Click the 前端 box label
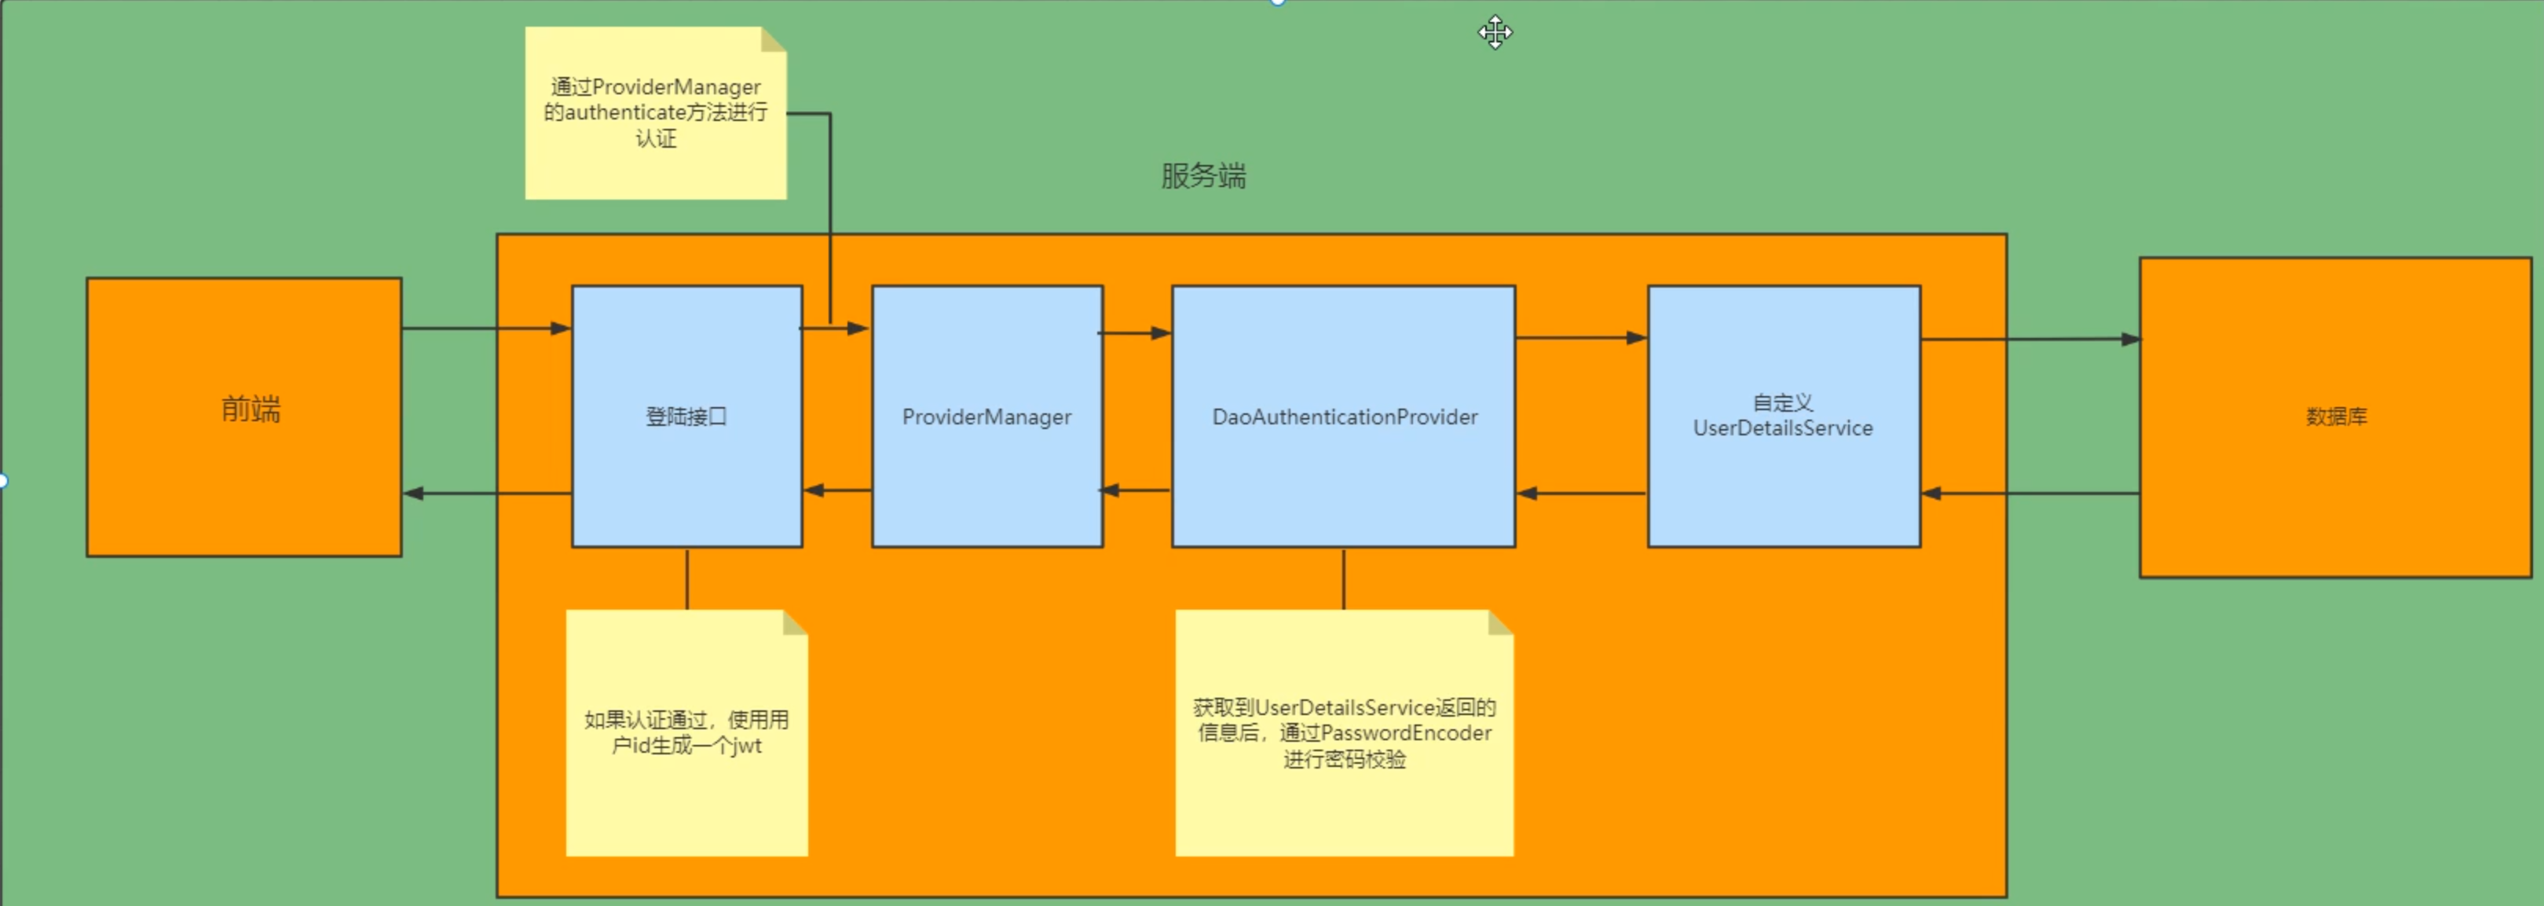(x=251, y=408)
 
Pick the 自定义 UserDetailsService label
(x=1783, y=416)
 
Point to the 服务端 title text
(x=1202, y=176)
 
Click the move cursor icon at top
(x=1495, y=32)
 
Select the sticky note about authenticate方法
(x=656, y=112)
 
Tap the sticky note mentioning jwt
(x=686, y=732)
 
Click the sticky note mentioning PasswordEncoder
(x=1344, y=732)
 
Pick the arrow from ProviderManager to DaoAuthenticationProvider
(x=1136, y=333)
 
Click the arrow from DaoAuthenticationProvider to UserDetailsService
(x=1580, y=338)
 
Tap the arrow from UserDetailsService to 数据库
(x=2030, y=339)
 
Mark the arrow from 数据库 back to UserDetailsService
(x=2030, y=493)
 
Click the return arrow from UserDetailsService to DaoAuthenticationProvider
(x=1580, y=493)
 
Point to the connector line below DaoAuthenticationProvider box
(x=1343, y=578)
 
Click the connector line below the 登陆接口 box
(x=687, y=578)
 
